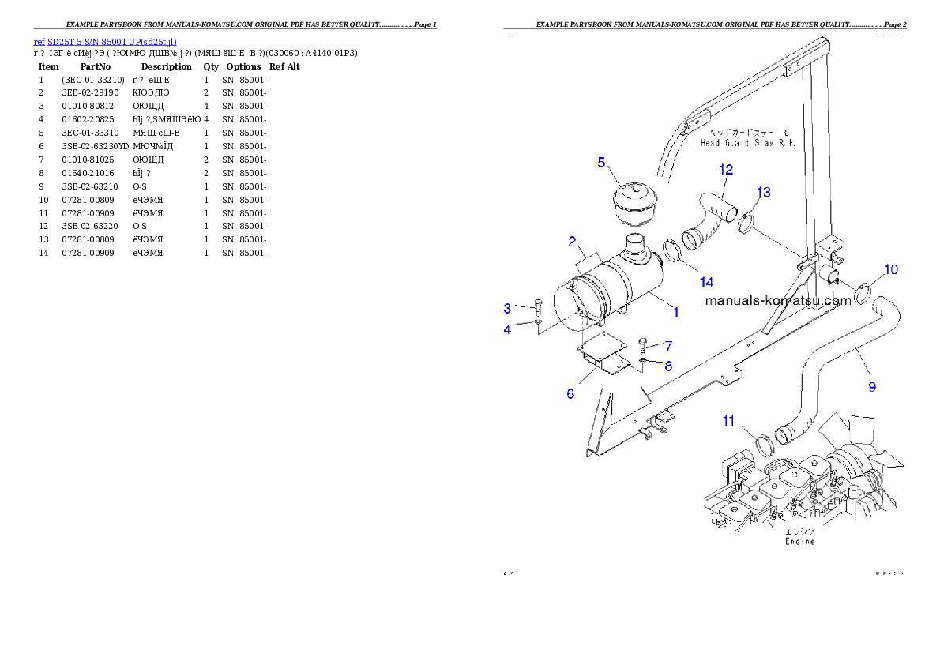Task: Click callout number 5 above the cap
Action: (601, 163)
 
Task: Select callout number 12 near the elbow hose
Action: (726, 170)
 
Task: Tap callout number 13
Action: (764, 193)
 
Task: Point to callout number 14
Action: (705, 282)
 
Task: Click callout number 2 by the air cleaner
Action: (571, 241)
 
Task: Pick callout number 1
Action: (675, 313)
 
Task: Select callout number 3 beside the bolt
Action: (508, 308)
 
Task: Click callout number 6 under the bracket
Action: (570, 393)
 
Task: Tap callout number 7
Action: (667, 346)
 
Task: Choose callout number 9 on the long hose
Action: (872, 387)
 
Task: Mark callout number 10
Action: (890, 270)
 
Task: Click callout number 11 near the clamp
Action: (728, 421)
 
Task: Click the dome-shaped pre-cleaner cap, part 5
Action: (637, 205)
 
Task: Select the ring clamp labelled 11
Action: (765, 445)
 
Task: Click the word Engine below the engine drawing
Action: (799, 542)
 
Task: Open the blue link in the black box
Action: (105, 41)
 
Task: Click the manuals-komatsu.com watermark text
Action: (777, 300)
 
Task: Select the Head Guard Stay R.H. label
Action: (746, 143)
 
